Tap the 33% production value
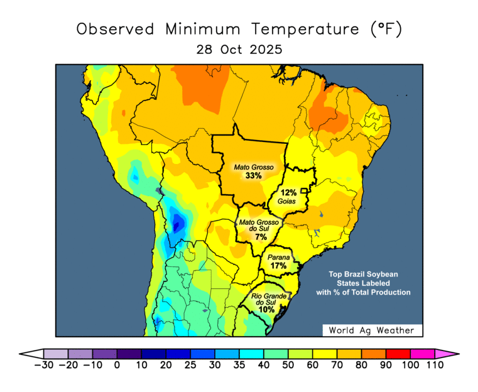click(x=254, y=176)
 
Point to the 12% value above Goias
click(x=288, y=193)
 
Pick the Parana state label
click(x=278, y=258)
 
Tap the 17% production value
click(x=278, y=266)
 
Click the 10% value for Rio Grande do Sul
click(x=266, y=310)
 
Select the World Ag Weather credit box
click(x=372, y=330)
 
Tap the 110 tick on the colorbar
click(x=434, y=366)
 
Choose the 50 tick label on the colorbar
click(x=288, y=366)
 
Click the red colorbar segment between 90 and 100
click(x=398, y=354)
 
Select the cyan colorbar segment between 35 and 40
click(x=251, y=354)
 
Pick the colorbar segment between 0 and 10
click(x=129, y=354)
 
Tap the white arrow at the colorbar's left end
click(x=31, y=354)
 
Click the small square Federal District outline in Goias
click(x=305, y=190)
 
